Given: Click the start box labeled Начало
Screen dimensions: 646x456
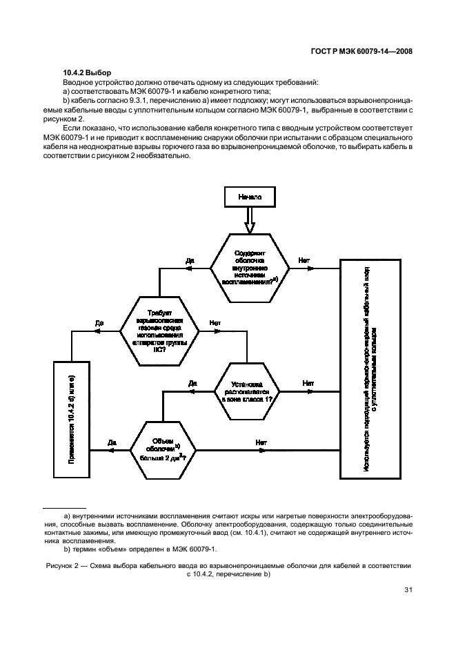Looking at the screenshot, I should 250,197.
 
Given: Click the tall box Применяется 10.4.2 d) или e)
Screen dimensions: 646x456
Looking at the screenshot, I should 71,419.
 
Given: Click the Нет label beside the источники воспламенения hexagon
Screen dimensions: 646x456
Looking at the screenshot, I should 304,260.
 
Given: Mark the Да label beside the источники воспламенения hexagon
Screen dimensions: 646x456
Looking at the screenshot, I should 190,261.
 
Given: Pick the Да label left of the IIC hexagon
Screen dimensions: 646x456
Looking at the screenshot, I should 99,322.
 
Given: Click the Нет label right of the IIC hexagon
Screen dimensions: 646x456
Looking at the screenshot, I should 215,322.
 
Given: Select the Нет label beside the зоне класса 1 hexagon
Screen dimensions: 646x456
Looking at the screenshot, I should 308,383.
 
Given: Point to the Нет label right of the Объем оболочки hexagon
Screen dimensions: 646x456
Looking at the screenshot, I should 261,442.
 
